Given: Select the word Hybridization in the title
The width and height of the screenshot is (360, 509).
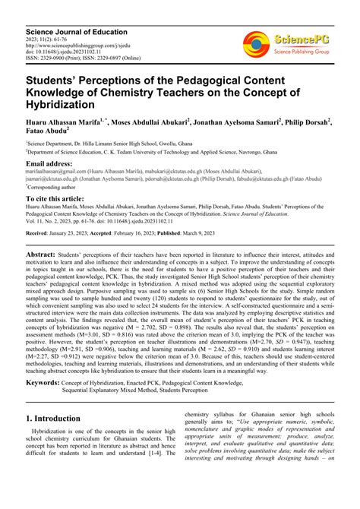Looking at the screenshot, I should tap(60, 105).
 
